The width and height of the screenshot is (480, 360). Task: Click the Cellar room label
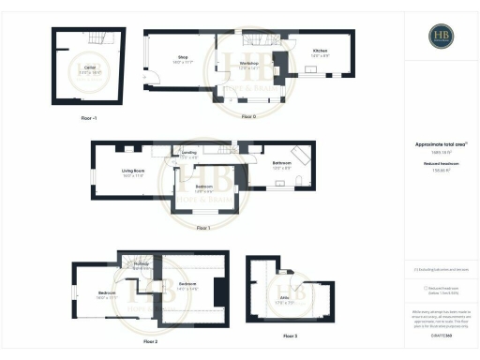(x=91, y=68)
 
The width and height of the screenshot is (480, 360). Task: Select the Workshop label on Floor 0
(x=248, y=65)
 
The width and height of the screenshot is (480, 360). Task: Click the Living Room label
(x=132, y=172)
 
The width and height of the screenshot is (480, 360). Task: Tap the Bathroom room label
(x=282, y=164)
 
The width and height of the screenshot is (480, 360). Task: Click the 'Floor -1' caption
(x=89, y=119)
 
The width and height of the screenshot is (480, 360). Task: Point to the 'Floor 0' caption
(x=248, y=116)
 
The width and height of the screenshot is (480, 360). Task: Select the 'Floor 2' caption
(x=150, y=342)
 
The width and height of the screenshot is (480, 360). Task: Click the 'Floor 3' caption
(x=289, y=335)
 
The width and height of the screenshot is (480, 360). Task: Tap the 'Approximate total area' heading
(x=441, y=143)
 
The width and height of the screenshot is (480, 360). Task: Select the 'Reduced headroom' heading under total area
(x=441, y=163)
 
